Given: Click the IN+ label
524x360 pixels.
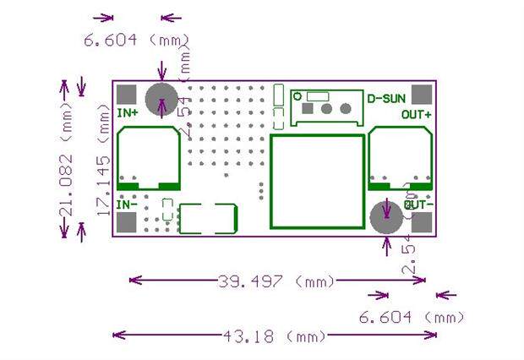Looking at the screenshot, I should (x=128, y=112).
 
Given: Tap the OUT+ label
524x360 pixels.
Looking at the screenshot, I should (x=417, y=114).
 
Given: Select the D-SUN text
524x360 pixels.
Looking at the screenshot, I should (x=385, y=99).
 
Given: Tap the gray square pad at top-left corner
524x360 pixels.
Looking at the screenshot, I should (x=127, y=95).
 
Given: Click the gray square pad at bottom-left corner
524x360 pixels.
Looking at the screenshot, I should (x=127, y=222).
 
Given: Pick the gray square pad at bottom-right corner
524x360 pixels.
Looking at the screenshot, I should (x=422, y=222).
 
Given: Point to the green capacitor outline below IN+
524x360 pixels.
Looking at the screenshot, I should (x=149, y=158).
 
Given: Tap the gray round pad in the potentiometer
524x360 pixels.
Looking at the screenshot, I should (x=343, y=108).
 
